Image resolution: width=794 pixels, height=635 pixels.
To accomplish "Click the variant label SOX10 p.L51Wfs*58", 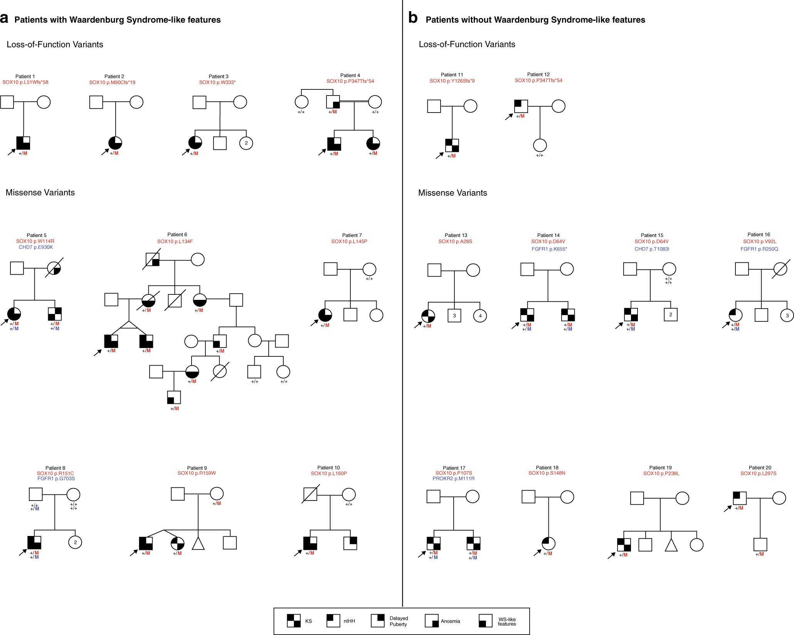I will (x=25, y=82).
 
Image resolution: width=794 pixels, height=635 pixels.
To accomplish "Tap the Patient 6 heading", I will (x=177, y=234).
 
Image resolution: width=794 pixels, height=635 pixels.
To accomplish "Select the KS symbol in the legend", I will (x=294, y=621).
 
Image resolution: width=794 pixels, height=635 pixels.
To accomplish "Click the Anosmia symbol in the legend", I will (x=431, y=621).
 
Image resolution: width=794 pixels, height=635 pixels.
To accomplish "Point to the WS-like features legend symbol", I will (x=485, y=621).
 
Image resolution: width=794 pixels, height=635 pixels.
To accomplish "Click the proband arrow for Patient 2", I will (x=105, y=152).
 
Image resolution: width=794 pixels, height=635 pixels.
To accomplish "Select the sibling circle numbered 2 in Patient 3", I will (x=246, y=143).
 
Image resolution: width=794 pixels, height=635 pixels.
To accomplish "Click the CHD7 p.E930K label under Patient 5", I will (x=36, y=247).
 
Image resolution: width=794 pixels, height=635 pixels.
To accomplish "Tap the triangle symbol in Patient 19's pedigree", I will (x=671, y=545).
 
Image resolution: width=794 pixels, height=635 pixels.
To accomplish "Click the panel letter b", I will (x=412, y=18).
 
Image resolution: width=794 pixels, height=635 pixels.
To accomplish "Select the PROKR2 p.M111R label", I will (x=453, y=479).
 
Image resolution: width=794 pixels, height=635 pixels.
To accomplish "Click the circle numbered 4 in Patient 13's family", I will (x=480, y=316).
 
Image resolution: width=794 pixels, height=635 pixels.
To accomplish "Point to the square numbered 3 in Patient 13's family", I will (x=454, y=316).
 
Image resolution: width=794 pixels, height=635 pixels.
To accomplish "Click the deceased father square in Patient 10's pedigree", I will (x=310, y=494).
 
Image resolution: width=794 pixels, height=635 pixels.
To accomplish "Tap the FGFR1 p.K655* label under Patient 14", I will (x=549, y=249).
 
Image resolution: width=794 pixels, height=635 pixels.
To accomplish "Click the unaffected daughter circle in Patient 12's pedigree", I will (x=540, y=145).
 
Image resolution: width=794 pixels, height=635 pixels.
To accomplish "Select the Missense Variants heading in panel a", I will (x=40, y=193).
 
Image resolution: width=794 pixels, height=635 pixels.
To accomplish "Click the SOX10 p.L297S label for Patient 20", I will (x=758, y=474).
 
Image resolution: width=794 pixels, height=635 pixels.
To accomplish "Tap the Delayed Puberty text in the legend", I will (x=399, y=621).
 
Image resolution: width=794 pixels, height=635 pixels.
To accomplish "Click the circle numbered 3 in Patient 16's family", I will (x=787, y=315).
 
